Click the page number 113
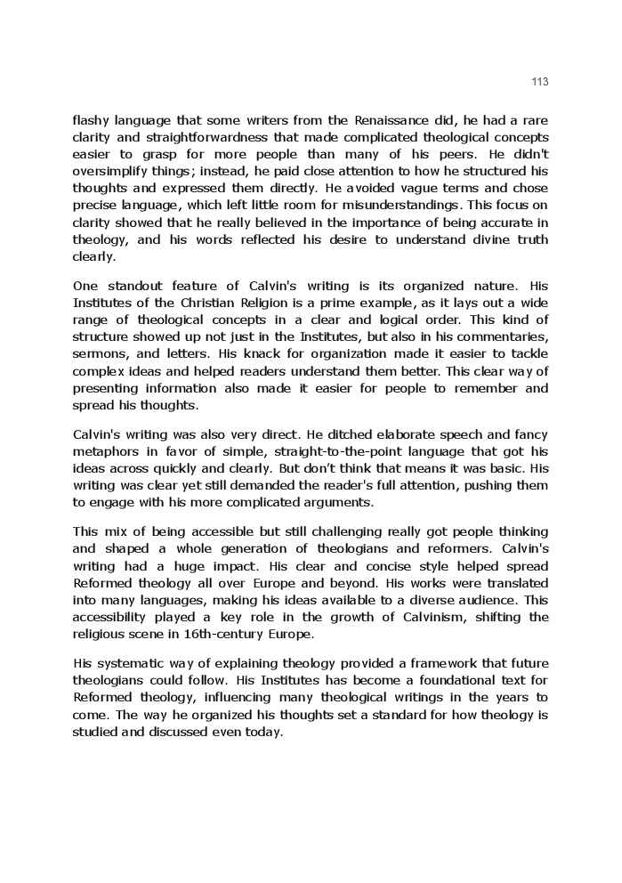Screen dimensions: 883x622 coord(540,82)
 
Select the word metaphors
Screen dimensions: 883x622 coord(106,452)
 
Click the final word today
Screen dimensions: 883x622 coord(264,732)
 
